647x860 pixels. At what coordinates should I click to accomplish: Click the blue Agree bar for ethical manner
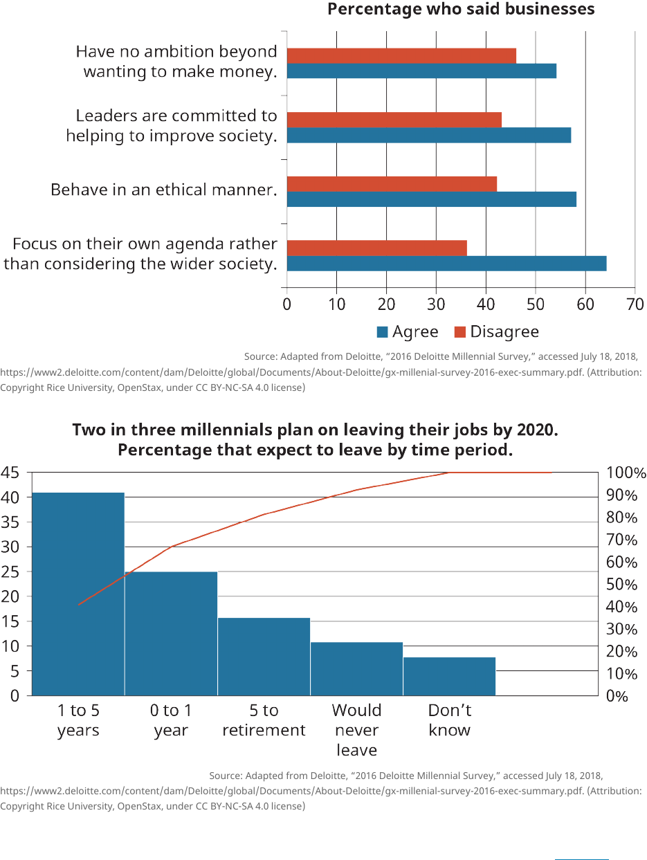[x=431, y=199]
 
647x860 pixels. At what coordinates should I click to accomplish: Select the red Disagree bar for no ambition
[x=401, y=55]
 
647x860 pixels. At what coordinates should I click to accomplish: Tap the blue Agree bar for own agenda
[x=446, y=264]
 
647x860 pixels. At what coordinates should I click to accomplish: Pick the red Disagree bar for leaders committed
[x=394, y=120]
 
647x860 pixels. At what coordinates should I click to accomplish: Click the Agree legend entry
[x=408, y=332]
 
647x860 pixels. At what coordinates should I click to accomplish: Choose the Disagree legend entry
[x=496, y=332]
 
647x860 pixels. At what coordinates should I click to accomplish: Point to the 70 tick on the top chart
[x=635, y=304]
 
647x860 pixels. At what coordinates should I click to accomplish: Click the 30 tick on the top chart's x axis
[x=436, y=304]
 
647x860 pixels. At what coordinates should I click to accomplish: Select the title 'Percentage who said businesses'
[x=461, y=9]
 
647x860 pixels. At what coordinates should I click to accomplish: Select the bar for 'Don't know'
[x=449, y=676]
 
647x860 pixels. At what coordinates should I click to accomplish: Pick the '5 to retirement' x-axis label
[x=264, y=720]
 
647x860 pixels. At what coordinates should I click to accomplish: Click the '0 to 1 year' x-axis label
[x=171, y=720]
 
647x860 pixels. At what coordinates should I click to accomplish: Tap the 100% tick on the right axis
[x=626, y=473]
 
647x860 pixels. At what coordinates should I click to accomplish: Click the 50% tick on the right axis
[x=622, y=585]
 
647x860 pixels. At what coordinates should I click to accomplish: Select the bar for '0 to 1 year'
[x=171, y=633]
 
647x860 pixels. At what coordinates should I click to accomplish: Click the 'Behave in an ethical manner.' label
[x=163, y=190]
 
